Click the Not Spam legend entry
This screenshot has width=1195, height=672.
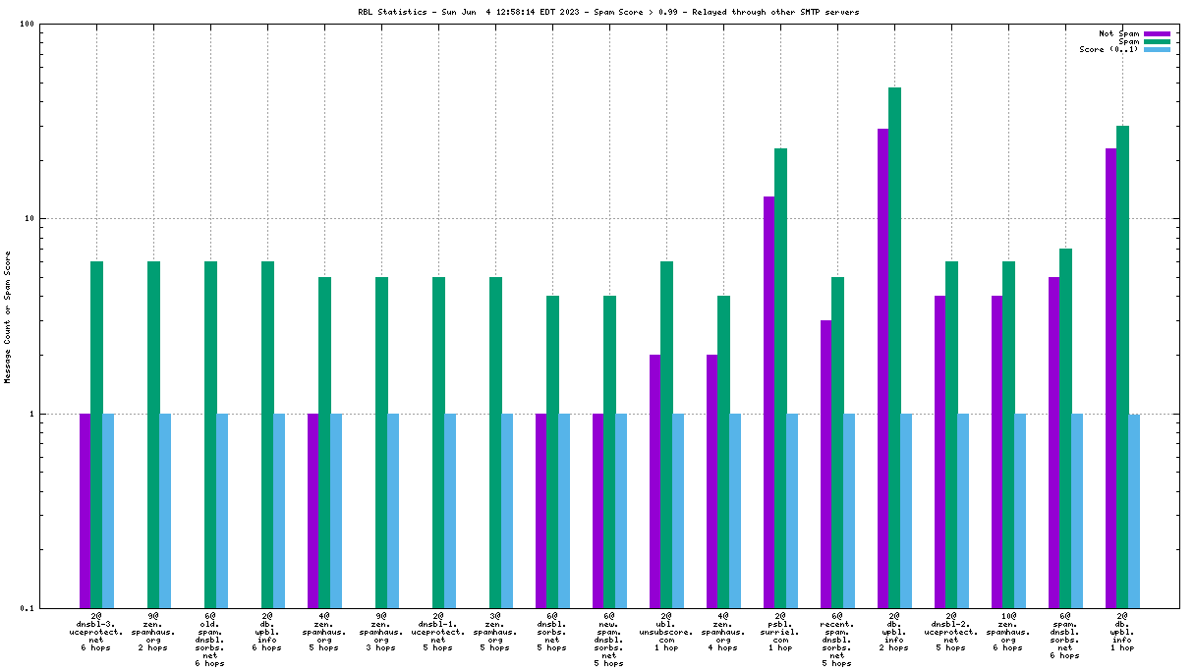[1119, 33]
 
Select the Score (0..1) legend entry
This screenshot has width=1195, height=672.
[1109, 49]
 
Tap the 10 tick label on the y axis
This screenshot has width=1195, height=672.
[28, 218]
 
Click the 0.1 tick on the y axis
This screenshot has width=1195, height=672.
[27, 608]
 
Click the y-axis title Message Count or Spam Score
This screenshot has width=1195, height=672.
[8, 316]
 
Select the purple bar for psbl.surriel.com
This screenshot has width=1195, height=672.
[768, 402]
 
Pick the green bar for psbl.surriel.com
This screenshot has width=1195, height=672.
[780, 378]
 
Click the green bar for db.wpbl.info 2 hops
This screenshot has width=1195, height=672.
[894, 348]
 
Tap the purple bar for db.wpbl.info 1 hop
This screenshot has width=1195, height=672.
[1110, 378]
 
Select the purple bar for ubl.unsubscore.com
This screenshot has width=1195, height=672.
[654, 481]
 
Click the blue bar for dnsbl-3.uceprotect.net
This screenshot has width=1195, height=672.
[108, 511]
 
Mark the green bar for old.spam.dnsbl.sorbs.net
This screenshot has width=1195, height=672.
[210, 434]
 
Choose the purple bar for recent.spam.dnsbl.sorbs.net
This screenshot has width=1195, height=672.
[825, 464]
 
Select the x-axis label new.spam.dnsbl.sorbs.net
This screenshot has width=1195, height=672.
[609, 640]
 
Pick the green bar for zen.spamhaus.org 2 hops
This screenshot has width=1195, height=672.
[153, 434]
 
